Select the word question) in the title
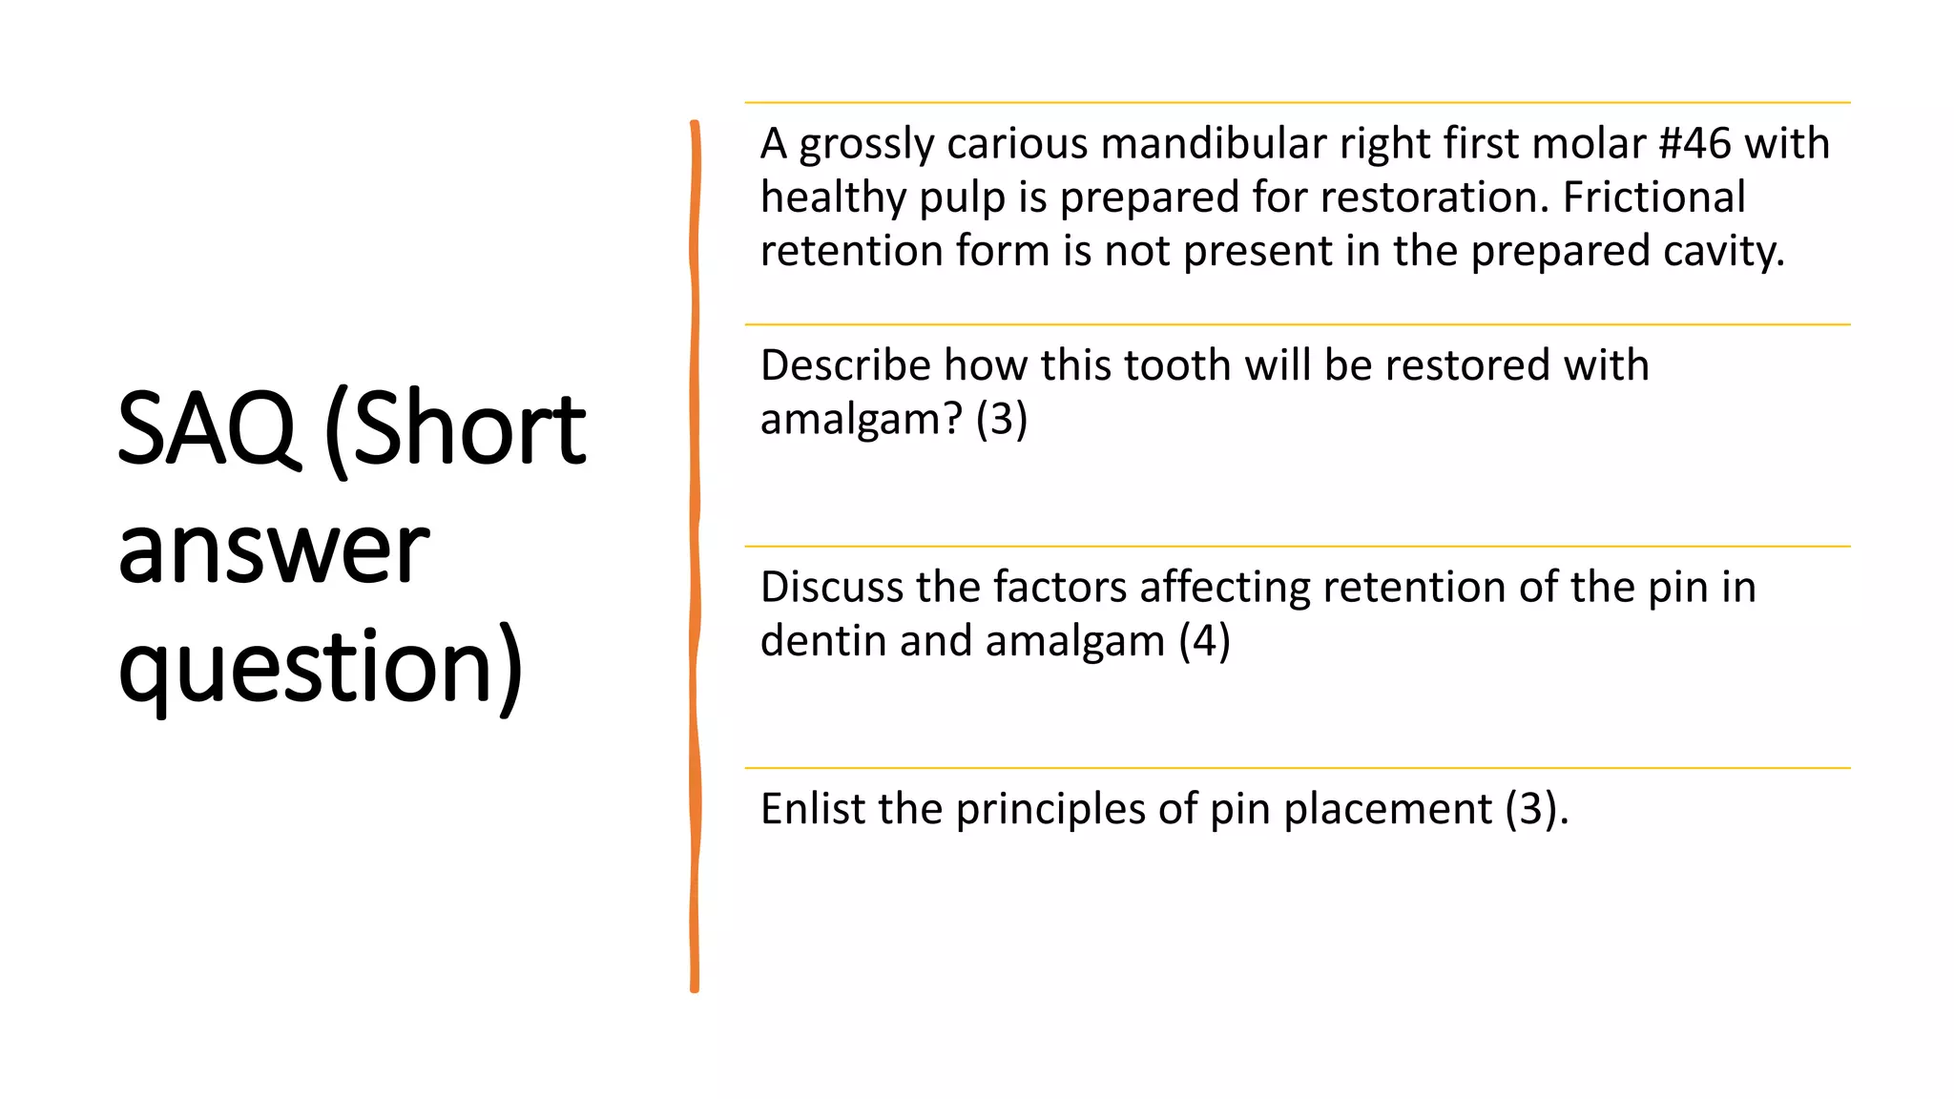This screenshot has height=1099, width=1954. pyautogui.click(x=321, y=667)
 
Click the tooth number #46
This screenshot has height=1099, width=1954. pyautogui.click(x=1694, y=144)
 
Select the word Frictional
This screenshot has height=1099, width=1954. pyautogui.click(x=1653, y=197)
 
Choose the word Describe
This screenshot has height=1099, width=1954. pyautogui.click(x=844, y=365)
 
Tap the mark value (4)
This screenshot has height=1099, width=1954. pyautogui.click(x=1204, y=641)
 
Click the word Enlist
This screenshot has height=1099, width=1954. pyautogui.click(x=813, y=809)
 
